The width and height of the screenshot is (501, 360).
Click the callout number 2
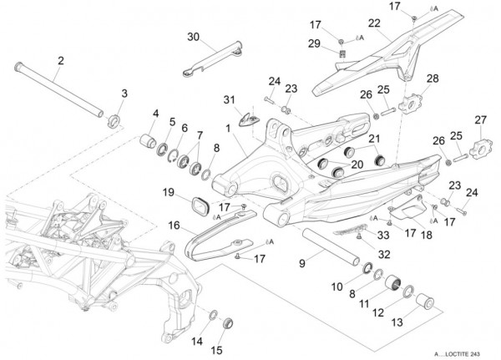[x=60, y=60]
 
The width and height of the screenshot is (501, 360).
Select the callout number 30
[x=193, y=38]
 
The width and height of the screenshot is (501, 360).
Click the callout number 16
[x=173, y=225]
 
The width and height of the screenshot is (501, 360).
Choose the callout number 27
[x=480, y=120]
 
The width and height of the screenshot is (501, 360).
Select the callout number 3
[x=124, y=93]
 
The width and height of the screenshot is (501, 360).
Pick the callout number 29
[x=339, y=43]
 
